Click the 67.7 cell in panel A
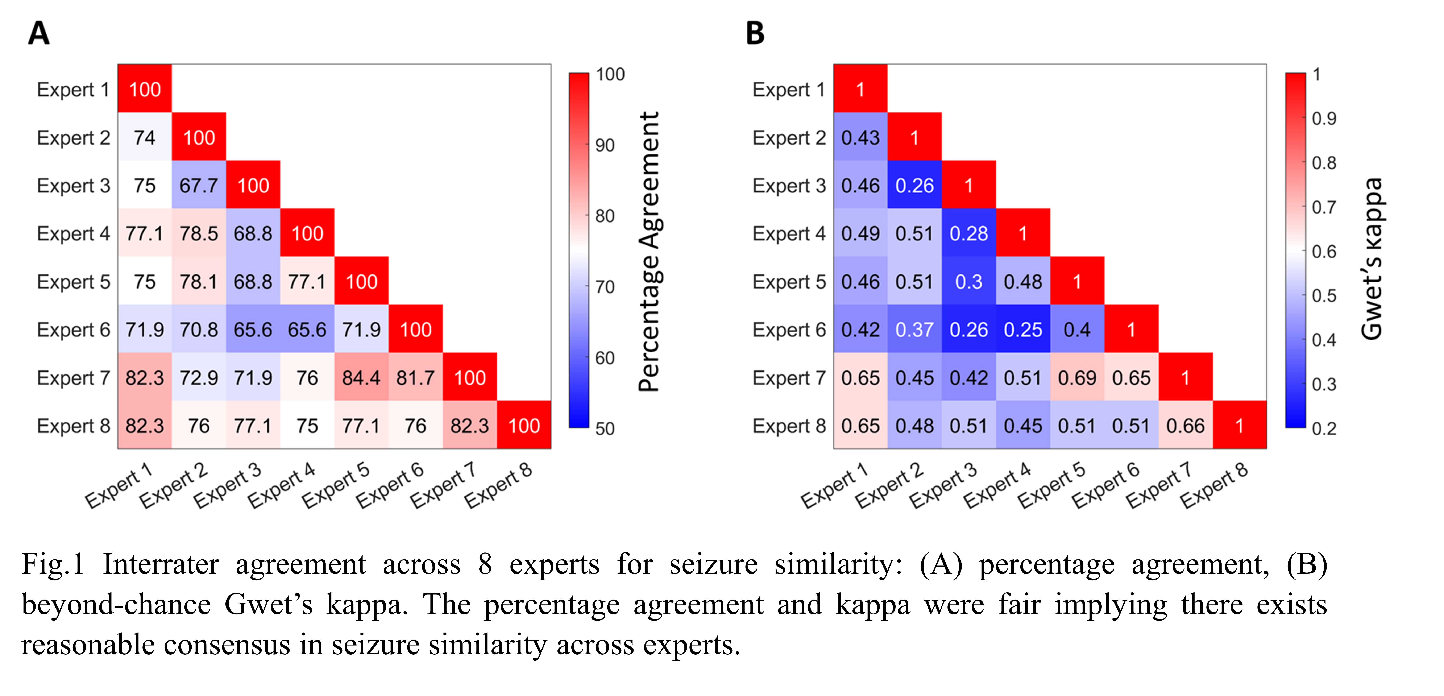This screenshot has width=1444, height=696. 198,186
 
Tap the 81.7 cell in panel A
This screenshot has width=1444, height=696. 415,378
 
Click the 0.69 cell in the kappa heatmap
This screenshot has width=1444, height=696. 1077,378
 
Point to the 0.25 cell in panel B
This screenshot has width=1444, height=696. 1023,330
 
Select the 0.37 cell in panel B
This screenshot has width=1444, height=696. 914,330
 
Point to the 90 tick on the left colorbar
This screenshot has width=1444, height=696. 605,145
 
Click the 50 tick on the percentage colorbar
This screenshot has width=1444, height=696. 605,429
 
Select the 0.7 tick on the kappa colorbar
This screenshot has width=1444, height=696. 1324,207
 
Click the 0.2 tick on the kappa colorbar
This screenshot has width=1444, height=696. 1324,429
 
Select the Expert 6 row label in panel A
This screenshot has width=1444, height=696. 73,330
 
